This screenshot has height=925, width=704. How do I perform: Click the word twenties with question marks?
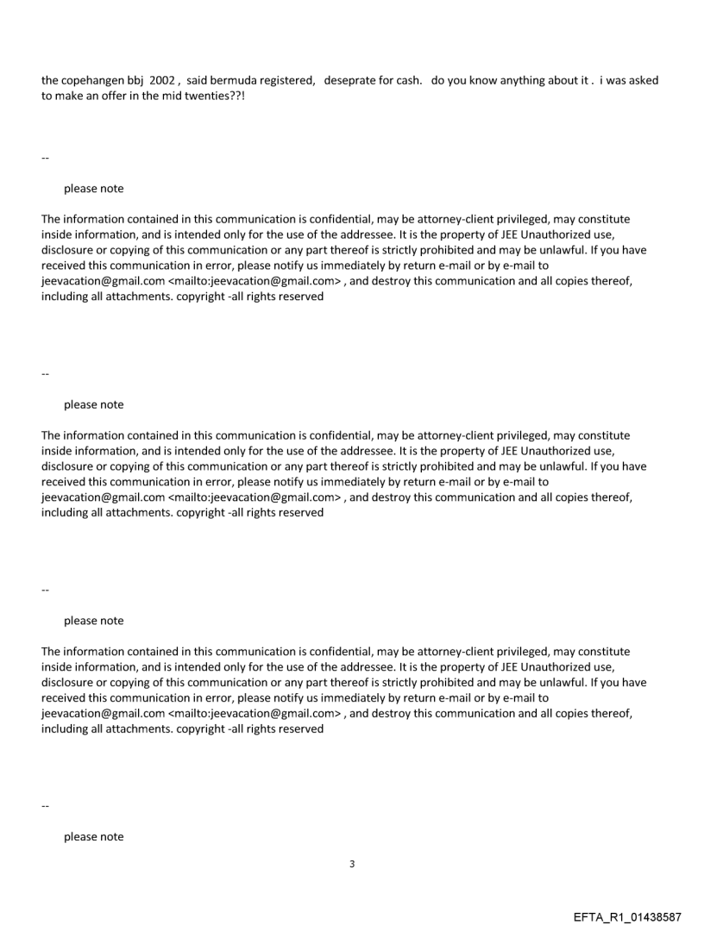click(224, 97)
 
